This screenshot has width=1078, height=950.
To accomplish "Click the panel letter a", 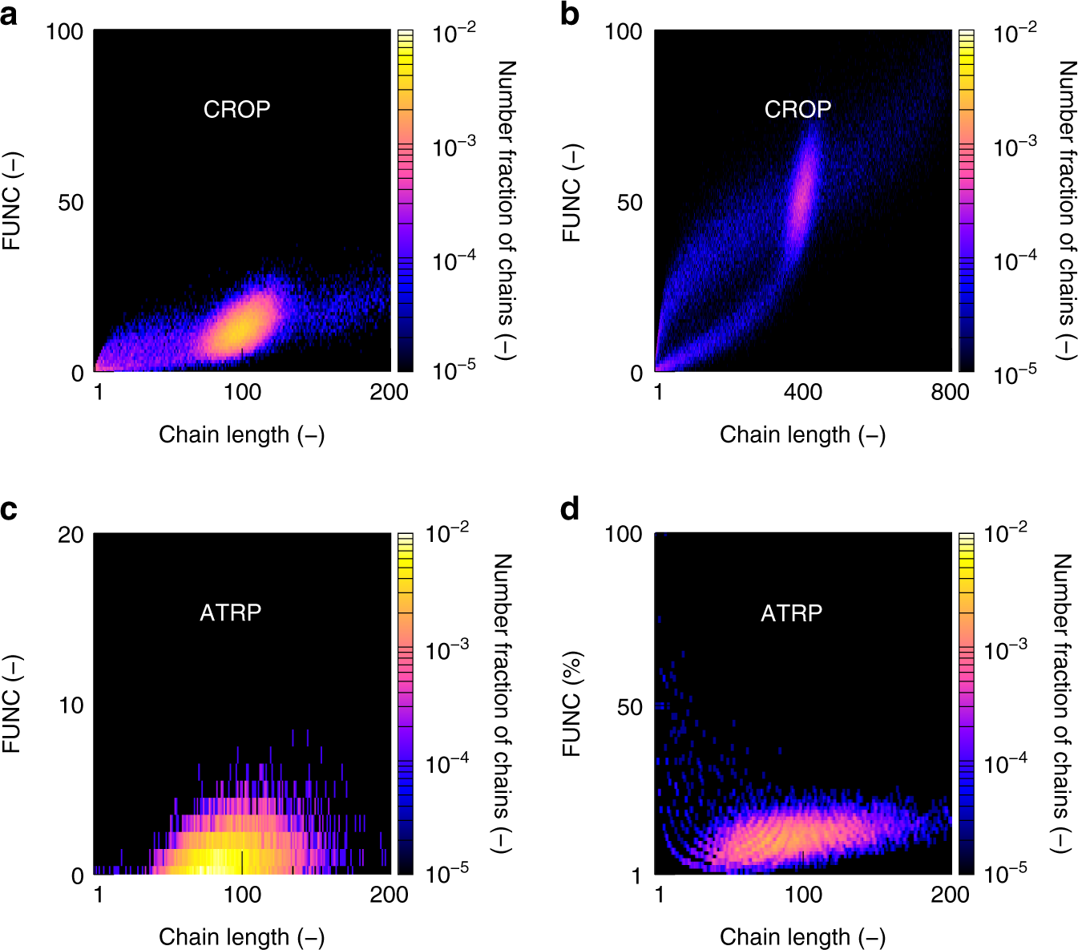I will tap(9, 15).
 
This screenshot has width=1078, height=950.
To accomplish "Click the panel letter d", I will tap(570, 509).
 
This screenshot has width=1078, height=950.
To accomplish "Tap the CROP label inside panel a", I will tap(236, 109).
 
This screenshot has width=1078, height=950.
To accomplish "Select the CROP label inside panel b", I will tap(797, 109).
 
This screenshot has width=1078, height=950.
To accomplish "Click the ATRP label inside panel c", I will tap(230, 612).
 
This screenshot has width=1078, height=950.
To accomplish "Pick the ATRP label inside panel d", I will tap(791, 613).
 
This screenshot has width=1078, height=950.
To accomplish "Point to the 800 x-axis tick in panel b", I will tap(950, 392).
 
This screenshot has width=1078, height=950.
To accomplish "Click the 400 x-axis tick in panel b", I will tap(802, 392).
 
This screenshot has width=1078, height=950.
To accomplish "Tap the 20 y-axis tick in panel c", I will tap(71, 535).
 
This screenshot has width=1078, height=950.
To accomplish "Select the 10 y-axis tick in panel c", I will tap(71, 705).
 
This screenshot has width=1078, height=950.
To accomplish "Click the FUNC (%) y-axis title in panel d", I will tap(571, 704).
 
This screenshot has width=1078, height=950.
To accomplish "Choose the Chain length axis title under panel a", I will tap(241, 435).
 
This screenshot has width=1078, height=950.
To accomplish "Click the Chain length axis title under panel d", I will tap(802, 936).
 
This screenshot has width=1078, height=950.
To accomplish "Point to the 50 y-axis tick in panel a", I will tap(71, 203).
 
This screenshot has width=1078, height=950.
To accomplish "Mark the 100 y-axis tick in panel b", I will tap(623, 32).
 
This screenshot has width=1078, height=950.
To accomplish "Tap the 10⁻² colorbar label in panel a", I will tap(454, 33).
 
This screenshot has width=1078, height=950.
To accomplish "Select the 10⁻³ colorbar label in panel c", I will tap(447, 649).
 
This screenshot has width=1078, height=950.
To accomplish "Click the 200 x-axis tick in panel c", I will tap(389, 894).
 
